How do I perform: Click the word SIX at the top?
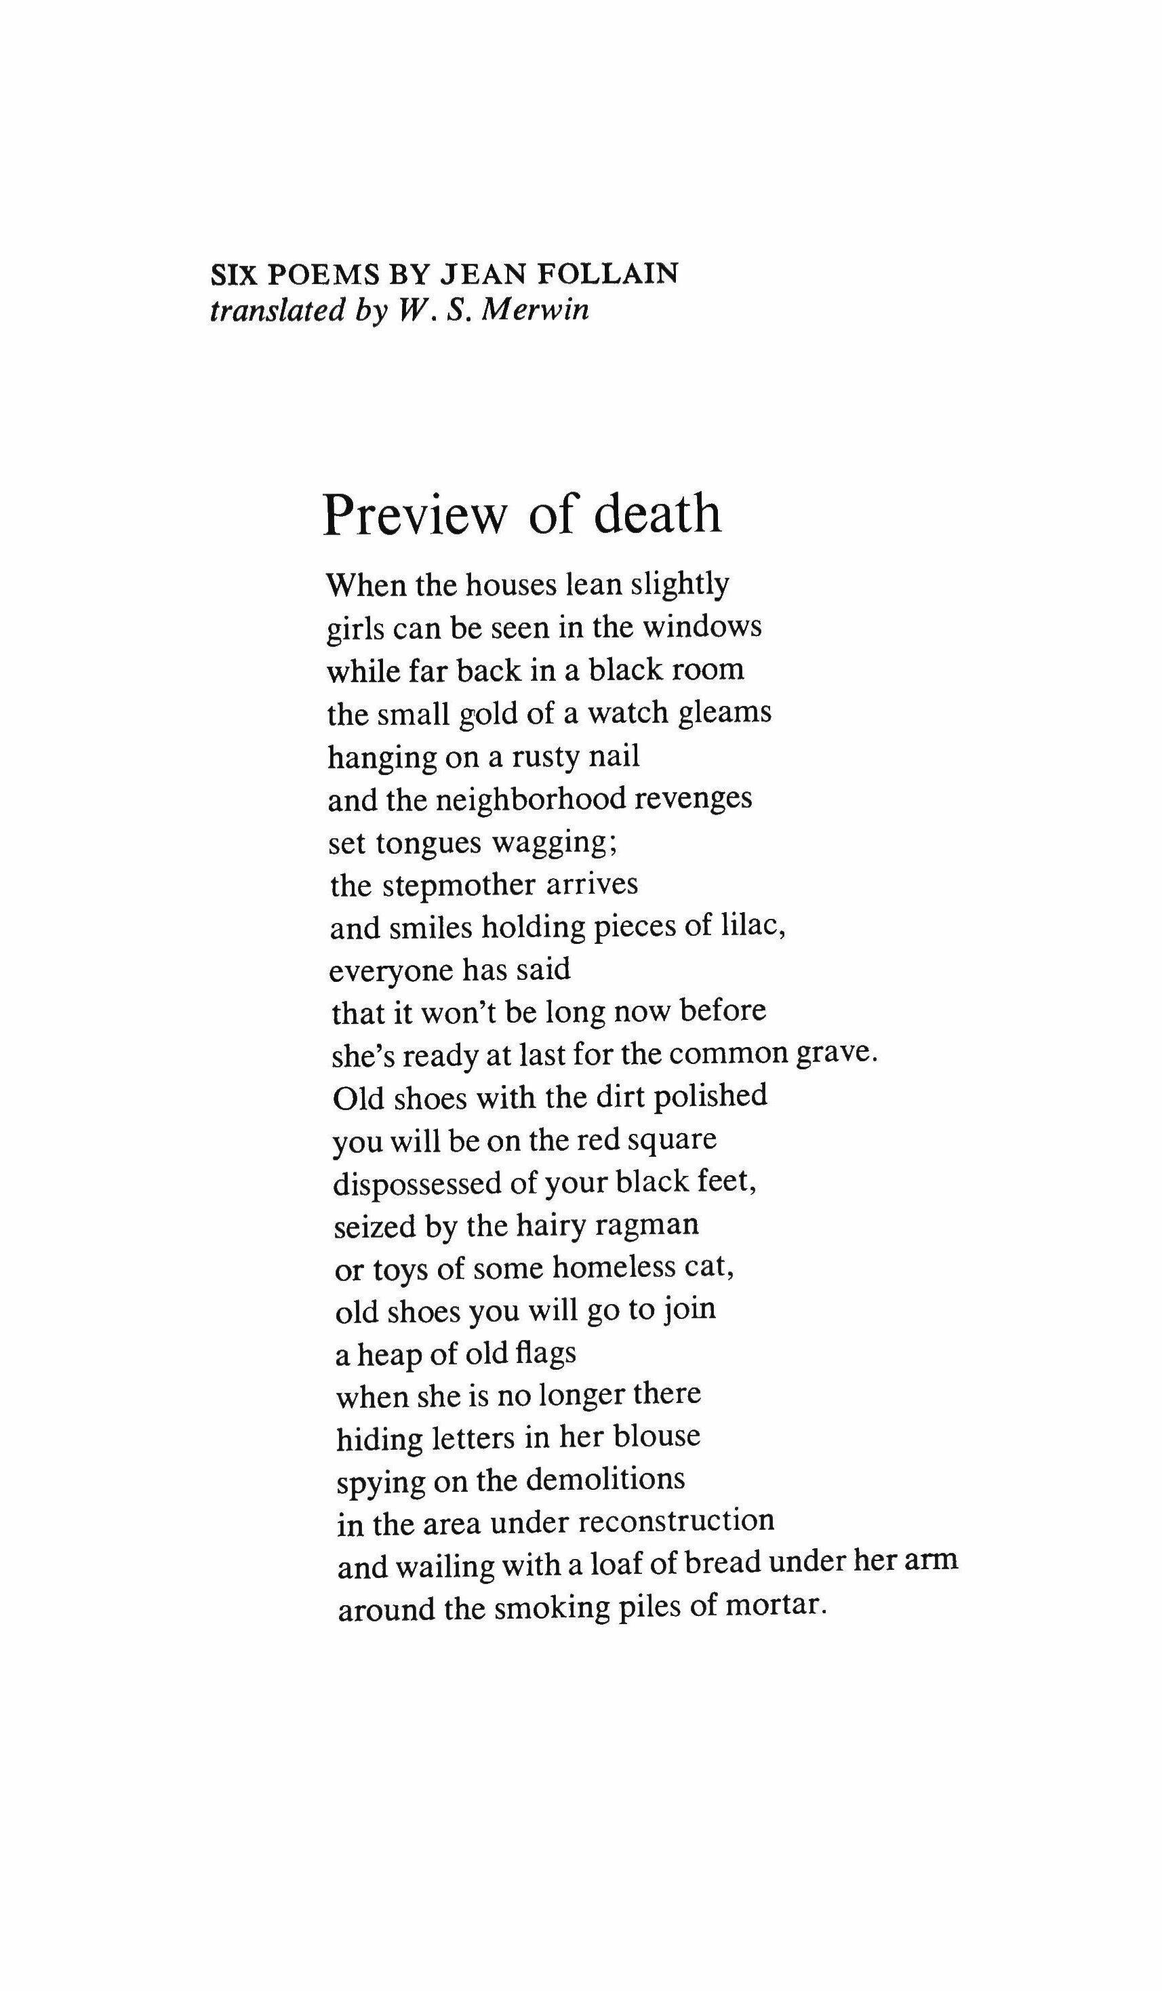pos(235,273)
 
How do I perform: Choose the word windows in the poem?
pos(702,627)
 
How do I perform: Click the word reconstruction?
pos(677,1522)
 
